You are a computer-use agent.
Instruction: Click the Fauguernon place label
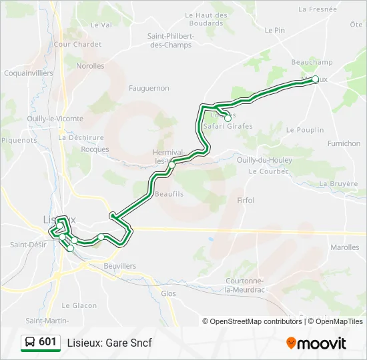[149, 88]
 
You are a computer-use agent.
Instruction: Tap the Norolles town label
[90, 66]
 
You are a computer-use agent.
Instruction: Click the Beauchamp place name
[312, 62]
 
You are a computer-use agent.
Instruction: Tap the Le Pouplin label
[305, 130]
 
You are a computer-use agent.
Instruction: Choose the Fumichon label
[344, 143]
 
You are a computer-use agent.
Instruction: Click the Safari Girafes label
[228, 126]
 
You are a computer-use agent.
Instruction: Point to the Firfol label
[246, 200]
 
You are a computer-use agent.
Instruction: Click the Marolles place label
[344, 247]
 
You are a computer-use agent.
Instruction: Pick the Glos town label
[169, 293]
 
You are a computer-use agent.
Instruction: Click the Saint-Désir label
[27, 245]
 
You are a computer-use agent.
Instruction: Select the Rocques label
[95, 149]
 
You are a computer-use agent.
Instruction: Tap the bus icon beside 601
[30, 343]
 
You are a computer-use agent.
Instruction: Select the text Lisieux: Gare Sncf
[109, 343]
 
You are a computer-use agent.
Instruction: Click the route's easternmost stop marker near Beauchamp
[316, 79]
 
